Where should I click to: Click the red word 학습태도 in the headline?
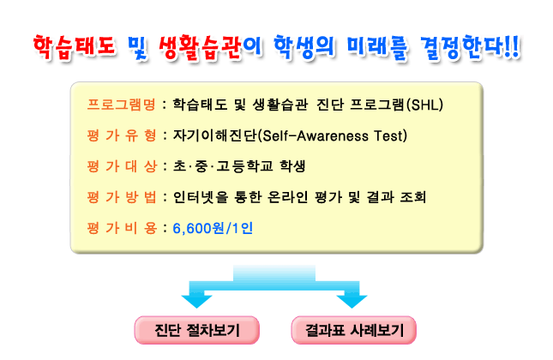coord(75,47)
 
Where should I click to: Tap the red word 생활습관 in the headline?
coord(201,47)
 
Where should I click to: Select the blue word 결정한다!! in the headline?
coord(470,47)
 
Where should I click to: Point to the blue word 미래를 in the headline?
coord(377,47)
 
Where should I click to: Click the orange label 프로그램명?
coord(122,105)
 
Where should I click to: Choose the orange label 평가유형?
coord(122,135)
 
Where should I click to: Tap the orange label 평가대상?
coord(122,166)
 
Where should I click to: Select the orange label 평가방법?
coord(122,197)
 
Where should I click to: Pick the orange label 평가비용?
coord(122,228)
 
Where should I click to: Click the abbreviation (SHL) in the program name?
coord(424,105)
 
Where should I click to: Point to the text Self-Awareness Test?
coord(334,135)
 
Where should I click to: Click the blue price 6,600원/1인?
coord(213,229)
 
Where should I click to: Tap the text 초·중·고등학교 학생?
coord(239,166)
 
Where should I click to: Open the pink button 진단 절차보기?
coord(197,330)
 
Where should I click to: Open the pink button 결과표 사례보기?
coord(354,330)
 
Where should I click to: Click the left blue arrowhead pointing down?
coord(196,301)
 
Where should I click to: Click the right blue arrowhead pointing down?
coord(352,301)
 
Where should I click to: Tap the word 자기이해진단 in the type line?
coord(215,135)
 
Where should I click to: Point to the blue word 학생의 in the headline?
coord(304,47)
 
